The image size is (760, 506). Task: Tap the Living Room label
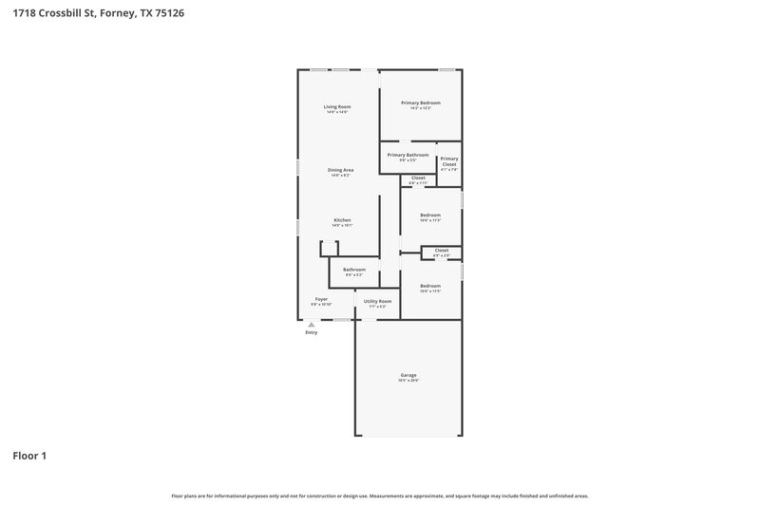tap(337, 107)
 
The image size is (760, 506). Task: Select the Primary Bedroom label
tap(420, 103)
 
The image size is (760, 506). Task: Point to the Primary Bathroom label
tap(408, 155)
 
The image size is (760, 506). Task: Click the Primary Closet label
tap(449, 161)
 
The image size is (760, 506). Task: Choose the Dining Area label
tap(340, 170)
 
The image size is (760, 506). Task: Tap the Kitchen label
tap(341, 220)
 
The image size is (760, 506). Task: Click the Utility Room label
tap(377, 302)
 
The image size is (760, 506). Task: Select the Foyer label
tap(321, 299)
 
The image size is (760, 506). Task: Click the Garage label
tap(408, 376)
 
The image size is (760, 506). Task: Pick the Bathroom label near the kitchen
tap(354, 270)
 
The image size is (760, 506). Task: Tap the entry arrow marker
tap(311, 325)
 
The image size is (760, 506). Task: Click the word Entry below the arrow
tap(311, 333)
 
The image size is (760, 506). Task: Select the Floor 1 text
tap(29, 456)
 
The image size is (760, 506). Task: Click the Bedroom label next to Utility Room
tap(430, 286)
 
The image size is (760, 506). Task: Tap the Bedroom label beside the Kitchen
tap(430, 215)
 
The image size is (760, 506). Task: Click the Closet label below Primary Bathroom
tap(418, 178)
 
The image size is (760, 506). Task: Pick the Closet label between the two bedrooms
tap(442, 251)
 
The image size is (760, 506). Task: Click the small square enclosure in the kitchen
tap(329, 249)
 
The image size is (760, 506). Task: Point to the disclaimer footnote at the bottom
tap(380, 496)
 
